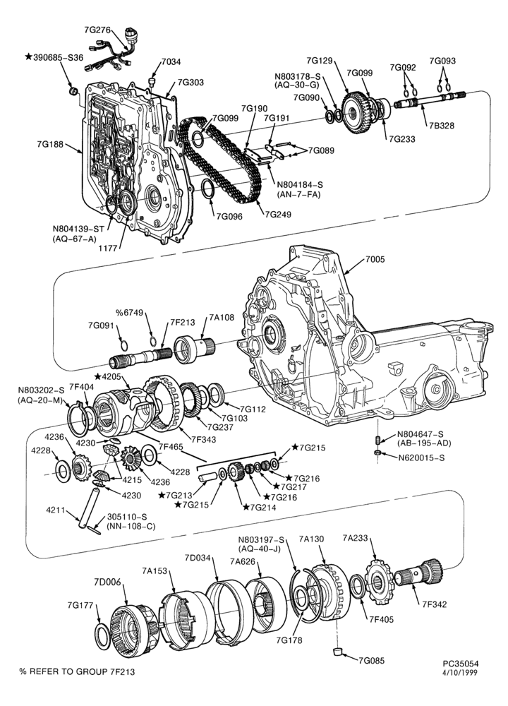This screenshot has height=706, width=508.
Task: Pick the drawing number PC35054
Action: pyautogui.click(x=460, y=664)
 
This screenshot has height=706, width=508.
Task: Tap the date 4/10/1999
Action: pyautogui.click(x=461, y=672)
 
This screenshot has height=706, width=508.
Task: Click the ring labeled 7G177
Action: pyautogui.click(x=103, y=636)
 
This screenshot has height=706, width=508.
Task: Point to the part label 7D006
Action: pyautogui.click(x=107, y=582)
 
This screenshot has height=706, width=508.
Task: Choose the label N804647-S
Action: pyautogui.click(x=421, y=434)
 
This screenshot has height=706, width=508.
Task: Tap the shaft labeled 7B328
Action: pyautogui.click(x=429, y=100)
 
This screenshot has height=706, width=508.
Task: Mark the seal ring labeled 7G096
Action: pyautogui.click(x=208, y=189)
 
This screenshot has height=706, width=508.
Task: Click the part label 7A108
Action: pyautogui.click(x=221, y=318)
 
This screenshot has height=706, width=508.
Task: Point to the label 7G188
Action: pyautogui.click(x=49, y=145)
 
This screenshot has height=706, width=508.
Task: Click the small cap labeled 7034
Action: pyautogui.click(x=151, y=81)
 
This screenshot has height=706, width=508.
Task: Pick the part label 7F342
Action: pyautogui.click(x=434, y=604)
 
